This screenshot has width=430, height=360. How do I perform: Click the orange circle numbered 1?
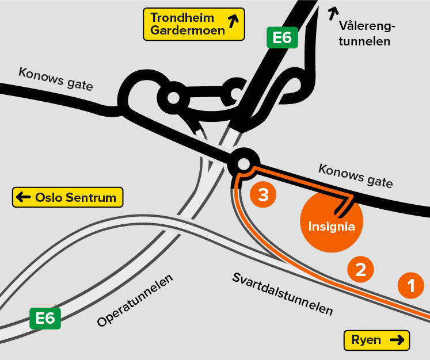[x=411, y=285]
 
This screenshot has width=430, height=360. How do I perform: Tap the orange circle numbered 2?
[x=361, y=269]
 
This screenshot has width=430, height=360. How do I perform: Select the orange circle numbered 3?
[x=263, y=196]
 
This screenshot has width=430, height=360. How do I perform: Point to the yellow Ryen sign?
[x=376, y=340]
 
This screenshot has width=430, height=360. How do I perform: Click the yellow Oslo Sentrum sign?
[x=68, y=198]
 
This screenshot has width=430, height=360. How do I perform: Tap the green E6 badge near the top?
[x=282, y=38]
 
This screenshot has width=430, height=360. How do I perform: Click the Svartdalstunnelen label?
[x=283, y=294]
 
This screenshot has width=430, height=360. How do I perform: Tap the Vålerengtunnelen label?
[x=365, y=33]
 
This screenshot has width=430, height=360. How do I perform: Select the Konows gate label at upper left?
[x=55, y=79]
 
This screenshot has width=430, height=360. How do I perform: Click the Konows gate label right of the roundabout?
[x=355, y=175]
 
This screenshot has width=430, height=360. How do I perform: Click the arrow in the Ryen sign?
[x=397, y=340]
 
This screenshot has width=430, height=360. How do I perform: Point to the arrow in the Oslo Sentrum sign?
[x=24, y=198]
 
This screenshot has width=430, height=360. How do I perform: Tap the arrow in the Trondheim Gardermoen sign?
[x=234, y=22]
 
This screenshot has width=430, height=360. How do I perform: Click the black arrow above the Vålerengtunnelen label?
[x=333, y=12]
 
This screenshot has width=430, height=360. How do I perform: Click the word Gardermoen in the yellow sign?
[x=188, y=31]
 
